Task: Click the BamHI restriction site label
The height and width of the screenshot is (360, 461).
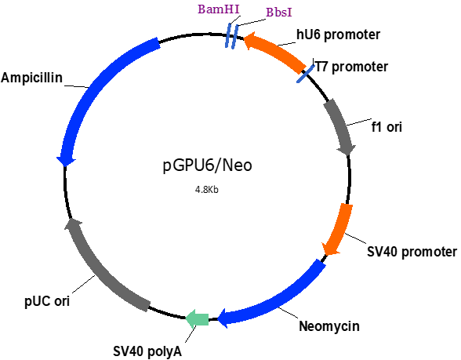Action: tap(219, 9)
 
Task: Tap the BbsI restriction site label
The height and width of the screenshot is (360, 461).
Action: tap(279, 13)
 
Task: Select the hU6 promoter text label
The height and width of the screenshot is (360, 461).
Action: tap(338, 35)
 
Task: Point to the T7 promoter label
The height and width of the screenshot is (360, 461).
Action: tap(351, 67)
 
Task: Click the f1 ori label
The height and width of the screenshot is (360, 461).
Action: tap(387, 127)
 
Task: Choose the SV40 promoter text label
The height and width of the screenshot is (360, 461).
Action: tap(412, 252)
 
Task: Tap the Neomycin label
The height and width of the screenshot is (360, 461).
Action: tap(329, 326)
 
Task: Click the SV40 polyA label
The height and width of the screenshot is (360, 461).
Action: tap(147, 351)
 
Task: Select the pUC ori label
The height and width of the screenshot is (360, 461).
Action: tap(47, 301)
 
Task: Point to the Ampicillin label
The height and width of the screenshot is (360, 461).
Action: tap(31, 78)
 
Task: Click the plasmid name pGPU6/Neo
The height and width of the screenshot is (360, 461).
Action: tap(208, 165)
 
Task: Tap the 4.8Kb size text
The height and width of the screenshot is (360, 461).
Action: tap(207, 190)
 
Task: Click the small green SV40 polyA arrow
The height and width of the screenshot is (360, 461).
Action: tap(198, 318)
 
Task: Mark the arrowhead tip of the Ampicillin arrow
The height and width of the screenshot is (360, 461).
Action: tap(65, 165)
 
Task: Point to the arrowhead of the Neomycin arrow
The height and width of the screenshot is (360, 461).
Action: tap(223, 318)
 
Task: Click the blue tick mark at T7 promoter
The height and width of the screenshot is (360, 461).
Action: tap(305, 74)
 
